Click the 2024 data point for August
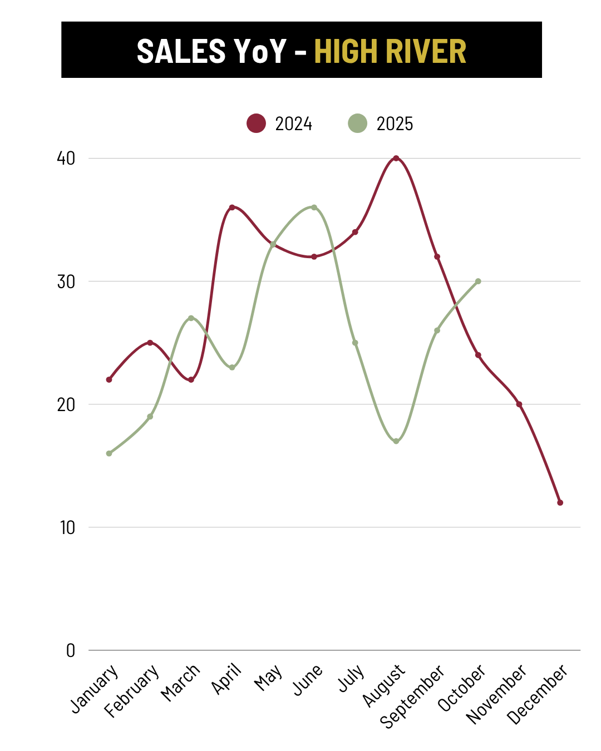click(396, 159)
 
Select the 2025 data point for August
click(396, 441)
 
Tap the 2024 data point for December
click(560, 502)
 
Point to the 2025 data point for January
click(109, 453)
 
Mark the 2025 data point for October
click(478, 281)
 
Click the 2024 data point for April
click(232, 207)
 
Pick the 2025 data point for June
click(314, 207)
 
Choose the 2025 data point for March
click(191, 318)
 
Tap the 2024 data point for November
click(519, 404)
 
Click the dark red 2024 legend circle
click(256, 123)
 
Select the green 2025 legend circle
click(357, 123)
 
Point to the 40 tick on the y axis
click(66, 159)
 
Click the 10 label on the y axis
click(67, 527)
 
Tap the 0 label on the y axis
click(71, 650)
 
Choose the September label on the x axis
click(412, 696)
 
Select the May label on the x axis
click(268, 678)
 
